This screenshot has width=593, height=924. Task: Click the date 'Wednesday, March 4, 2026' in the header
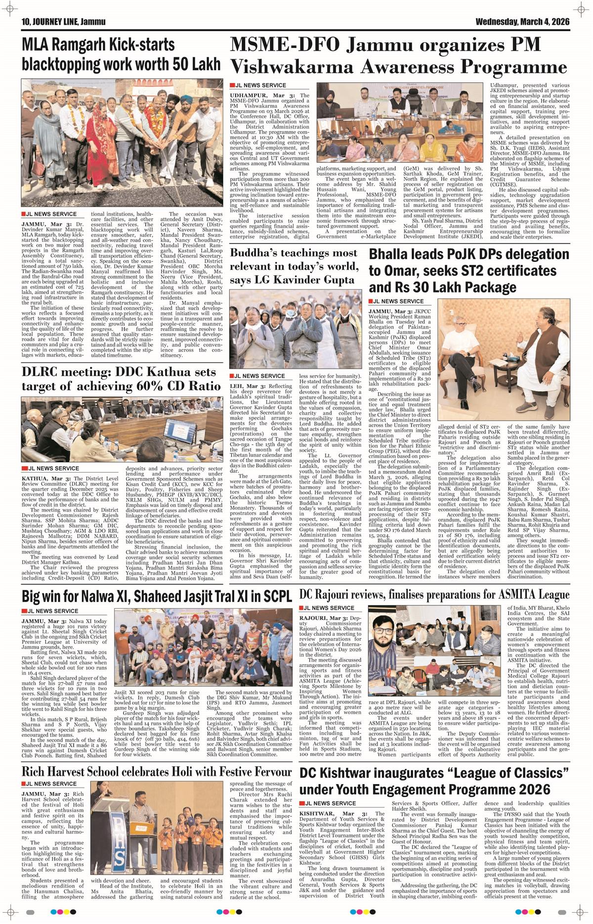[522, 22]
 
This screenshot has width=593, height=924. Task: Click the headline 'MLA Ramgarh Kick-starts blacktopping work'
[98, 54]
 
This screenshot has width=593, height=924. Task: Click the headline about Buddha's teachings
[294, 266]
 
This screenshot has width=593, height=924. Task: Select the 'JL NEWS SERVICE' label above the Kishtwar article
[330, 803]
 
